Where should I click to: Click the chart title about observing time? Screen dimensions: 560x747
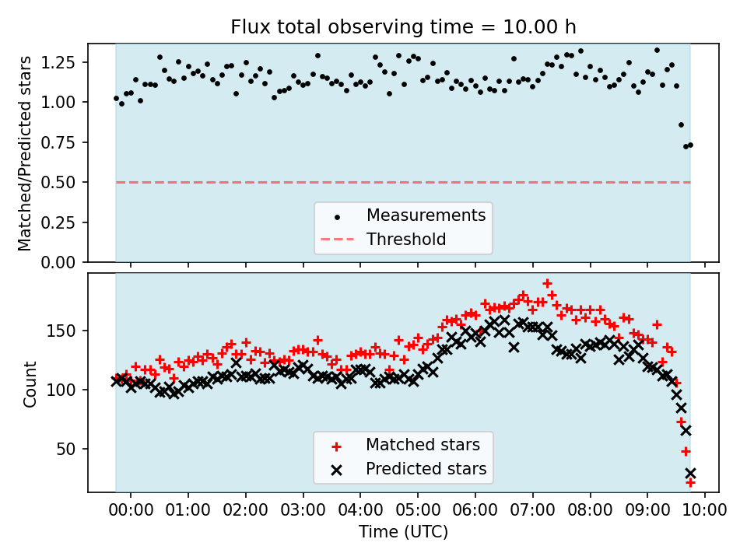(x=403, y=27)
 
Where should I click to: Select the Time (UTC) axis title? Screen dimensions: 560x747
(x=403, y=532)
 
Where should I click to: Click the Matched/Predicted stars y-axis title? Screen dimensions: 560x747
(x=25, y=153)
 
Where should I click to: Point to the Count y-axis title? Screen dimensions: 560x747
(x=30, y=384)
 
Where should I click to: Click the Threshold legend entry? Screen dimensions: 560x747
(x=406, y=239)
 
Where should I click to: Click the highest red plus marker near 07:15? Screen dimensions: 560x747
(x=547, y=284)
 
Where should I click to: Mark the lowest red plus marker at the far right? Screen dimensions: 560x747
(x=689, y=483)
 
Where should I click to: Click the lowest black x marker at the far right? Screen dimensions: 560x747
(x=690, y=473)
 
